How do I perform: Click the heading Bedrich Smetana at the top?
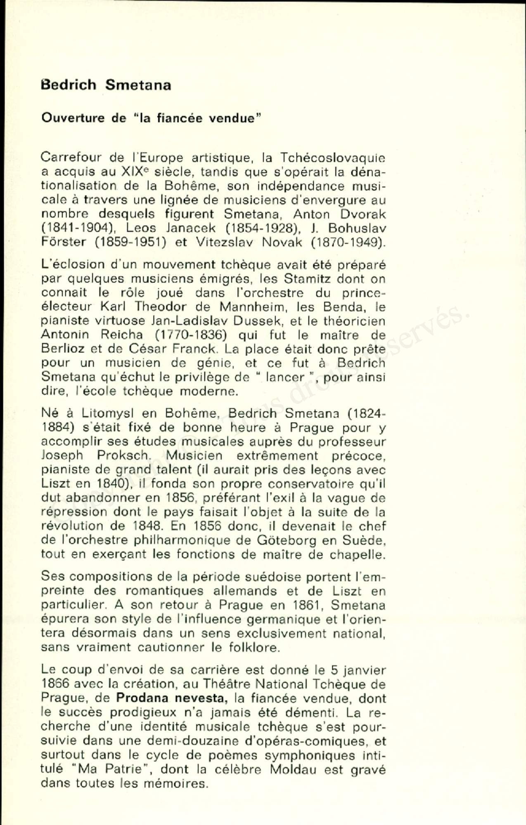click(106, 85)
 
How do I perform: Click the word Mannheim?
click(251, 307)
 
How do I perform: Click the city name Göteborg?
click(287, 540)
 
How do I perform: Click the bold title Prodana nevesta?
click(171, 698)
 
